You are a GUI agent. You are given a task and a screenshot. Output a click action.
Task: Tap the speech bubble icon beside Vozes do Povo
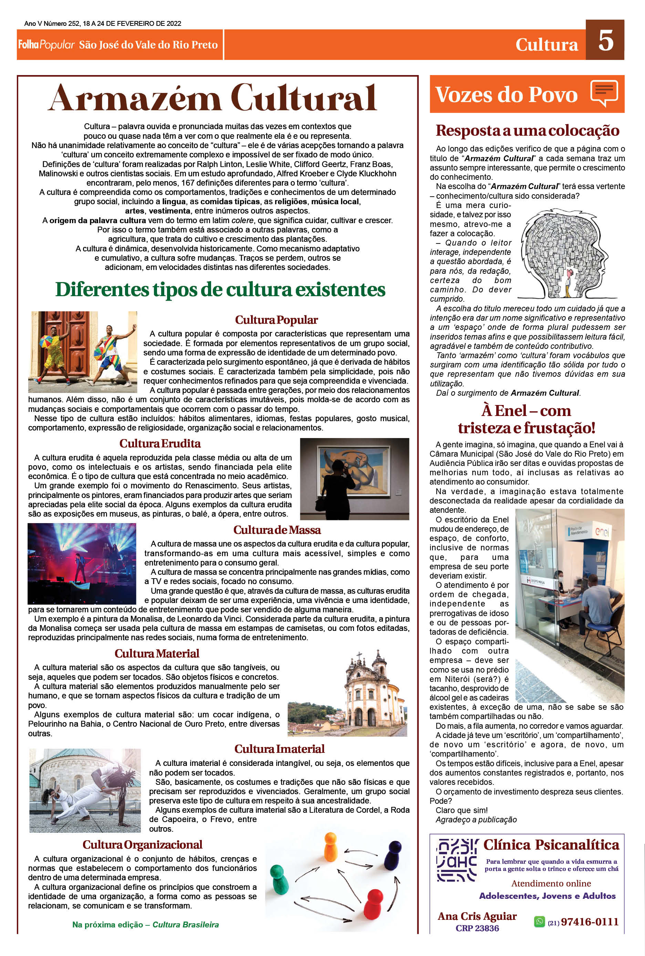point(604,92)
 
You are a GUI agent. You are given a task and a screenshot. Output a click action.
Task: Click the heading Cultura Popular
point(276,320)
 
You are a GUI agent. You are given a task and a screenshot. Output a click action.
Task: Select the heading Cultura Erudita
point(160,444)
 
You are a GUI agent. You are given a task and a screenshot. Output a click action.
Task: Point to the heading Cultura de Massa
point(277,530)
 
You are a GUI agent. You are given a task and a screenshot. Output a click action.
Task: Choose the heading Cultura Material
point(157,653)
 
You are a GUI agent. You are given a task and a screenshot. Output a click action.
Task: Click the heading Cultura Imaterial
point(279,749)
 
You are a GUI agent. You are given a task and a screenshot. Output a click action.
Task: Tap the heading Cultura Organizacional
point(142,844)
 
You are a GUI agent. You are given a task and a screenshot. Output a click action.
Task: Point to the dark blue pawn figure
point(393,854)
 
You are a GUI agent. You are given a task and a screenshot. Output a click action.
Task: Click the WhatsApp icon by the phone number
point(539,922)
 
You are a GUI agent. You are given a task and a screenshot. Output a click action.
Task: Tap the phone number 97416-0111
point(590,922)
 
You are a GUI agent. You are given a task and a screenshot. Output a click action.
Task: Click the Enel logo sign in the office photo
point(603,532)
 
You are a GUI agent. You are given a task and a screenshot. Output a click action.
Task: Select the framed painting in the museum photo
point(354,471)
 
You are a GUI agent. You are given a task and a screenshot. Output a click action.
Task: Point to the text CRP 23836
point(477,928)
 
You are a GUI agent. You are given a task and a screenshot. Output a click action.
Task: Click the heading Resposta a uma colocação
point(527,131)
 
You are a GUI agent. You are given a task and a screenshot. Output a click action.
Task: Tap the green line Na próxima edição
point(145,925)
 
